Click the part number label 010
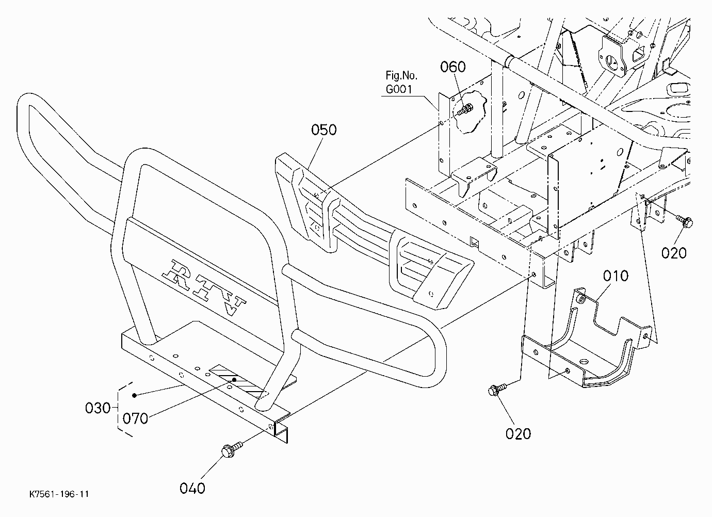point(616,276)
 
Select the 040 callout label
point(192,488)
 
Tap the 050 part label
point(323,130)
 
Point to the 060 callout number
point(453,67)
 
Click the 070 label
point(135,418)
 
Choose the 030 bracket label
point(98,408)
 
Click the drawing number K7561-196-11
point(59,494)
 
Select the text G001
point(399,89)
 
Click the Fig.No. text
point(401,76)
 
